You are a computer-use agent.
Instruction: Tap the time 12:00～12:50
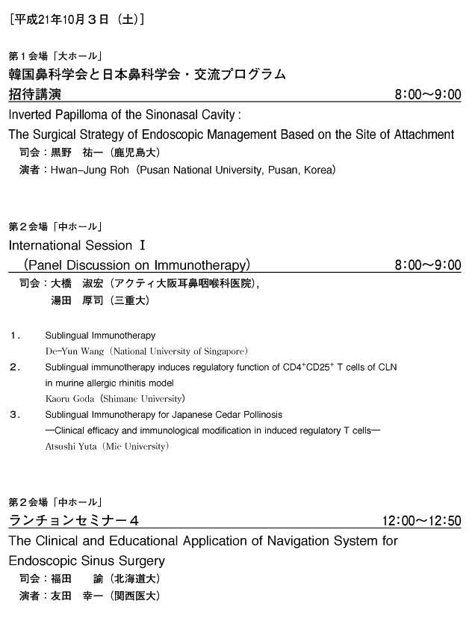pos(421,521)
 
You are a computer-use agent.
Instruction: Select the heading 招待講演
pos(34,95)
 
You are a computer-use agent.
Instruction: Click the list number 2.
pos(14,367)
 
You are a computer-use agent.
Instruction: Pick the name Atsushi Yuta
pos(72,446)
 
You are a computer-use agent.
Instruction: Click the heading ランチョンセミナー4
pos(73,520)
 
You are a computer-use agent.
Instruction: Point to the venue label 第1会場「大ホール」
pos(55,56)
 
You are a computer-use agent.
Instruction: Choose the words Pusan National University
pos(196,170)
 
